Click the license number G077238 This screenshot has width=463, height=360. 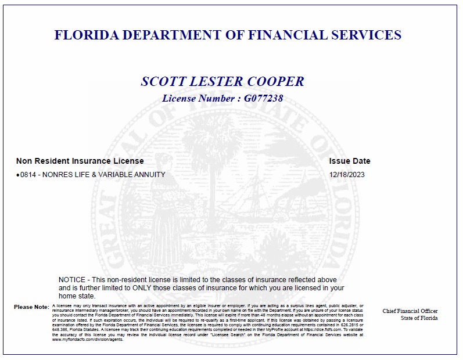(263, 99)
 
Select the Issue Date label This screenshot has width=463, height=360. (349, 161)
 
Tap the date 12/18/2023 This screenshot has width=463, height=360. (347, 174)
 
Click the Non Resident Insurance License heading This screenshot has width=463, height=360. (80, 161)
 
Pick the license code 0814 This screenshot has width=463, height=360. (28, 174)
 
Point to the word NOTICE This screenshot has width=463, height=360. (73, 280)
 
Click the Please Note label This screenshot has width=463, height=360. (31, 307)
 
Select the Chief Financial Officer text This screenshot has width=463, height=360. (410, 311)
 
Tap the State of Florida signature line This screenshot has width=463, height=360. (419, 318)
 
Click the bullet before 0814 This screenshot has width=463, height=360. (18, 175)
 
